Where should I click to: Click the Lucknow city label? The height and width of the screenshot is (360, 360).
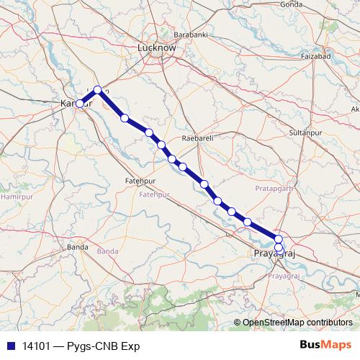(156, 48)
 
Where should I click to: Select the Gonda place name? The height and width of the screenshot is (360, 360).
(291, 4)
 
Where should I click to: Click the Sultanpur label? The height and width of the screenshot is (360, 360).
(303, 133)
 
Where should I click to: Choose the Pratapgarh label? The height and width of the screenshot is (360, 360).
(275, 188)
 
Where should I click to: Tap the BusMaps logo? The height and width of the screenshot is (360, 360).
(325, 346)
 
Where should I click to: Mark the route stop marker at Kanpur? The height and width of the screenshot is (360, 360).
(80, 104)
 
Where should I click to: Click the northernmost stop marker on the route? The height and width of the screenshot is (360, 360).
(98, 90)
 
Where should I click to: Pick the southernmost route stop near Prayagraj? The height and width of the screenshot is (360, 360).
(279, 248)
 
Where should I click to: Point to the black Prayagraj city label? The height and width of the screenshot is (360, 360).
(275, 254)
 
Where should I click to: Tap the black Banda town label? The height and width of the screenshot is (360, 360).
(78, 247)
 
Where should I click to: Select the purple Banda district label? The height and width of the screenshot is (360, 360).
(107, 251)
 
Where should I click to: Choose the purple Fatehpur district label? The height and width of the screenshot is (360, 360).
(153, 194)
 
